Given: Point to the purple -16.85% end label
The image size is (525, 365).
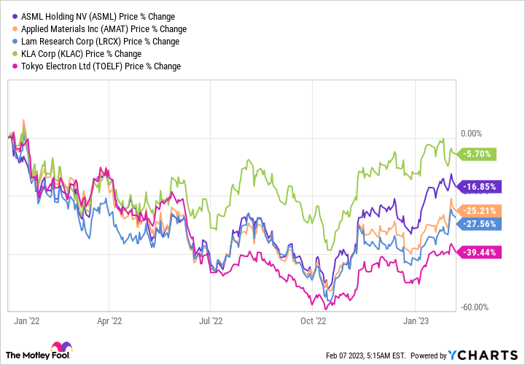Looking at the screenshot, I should [478, 186].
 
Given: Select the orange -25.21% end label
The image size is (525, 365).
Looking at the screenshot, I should [478, 211].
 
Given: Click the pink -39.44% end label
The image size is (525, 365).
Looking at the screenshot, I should [478, 252].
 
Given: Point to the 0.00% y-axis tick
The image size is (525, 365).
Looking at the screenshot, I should [472, 134].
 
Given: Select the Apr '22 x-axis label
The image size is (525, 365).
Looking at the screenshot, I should [109, 320].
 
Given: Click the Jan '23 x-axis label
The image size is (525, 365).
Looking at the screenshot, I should [416, 320].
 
